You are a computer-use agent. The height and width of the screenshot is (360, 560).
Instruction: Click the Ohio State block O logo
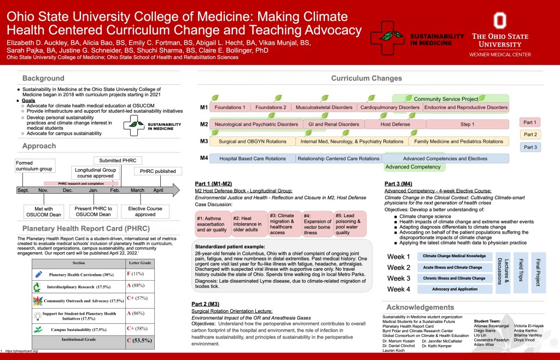click(x=499, y=20)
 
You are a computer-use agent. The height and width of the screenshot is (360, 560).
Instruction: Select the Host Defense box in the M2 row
click(x=395, y=124)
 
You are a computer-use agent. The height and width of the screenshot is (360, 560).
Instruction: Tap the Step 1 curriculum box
click(x=467, y=124)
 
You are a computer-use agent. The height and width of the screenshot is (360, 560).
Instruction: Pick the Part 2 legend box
click(x=530, y=134)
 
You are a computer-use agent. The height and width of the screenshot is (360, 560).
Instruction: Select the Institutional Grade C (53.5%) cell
click(x=139, y=340)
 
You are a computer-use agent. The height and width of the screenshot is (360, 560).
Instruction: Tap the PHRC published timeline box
click(x=157, y=171)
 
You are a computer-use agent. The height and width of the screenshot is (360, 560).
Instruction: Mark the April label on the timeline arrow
click(x=158, y=190)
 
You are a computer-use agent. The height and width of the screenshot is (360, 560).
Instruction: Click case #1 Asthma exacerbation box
click(x=212, y=224)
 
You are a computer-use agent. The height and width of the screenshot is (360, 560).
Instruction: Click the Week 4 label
click(x=399, y=289)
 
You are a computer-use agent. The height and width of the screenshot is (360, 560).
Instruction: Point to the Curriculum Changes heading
click(x=366, y=78)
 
